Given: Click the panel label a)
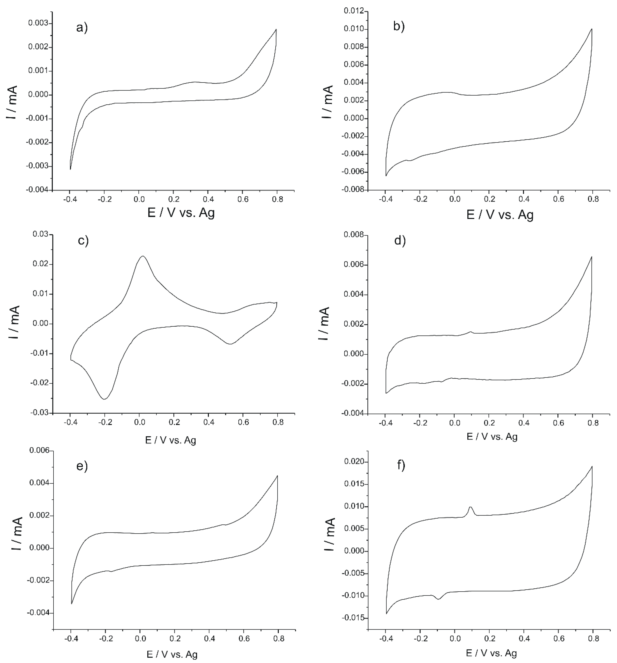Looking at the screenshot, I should coord(82,28).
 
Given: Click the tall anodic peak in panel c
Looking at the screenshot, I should coord(143,256).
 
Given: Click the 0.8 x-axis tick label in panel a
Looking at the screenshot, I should coord(277,199).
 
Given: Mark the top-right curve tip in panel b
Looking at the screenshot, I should coord(592,29).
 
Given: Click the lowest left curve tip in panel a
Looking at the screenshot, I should coord(70,169).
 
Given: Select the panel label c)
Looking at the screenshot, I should coord(83,240).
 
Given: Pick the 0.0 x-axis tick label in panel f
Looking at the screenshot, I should coord(454,639).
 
